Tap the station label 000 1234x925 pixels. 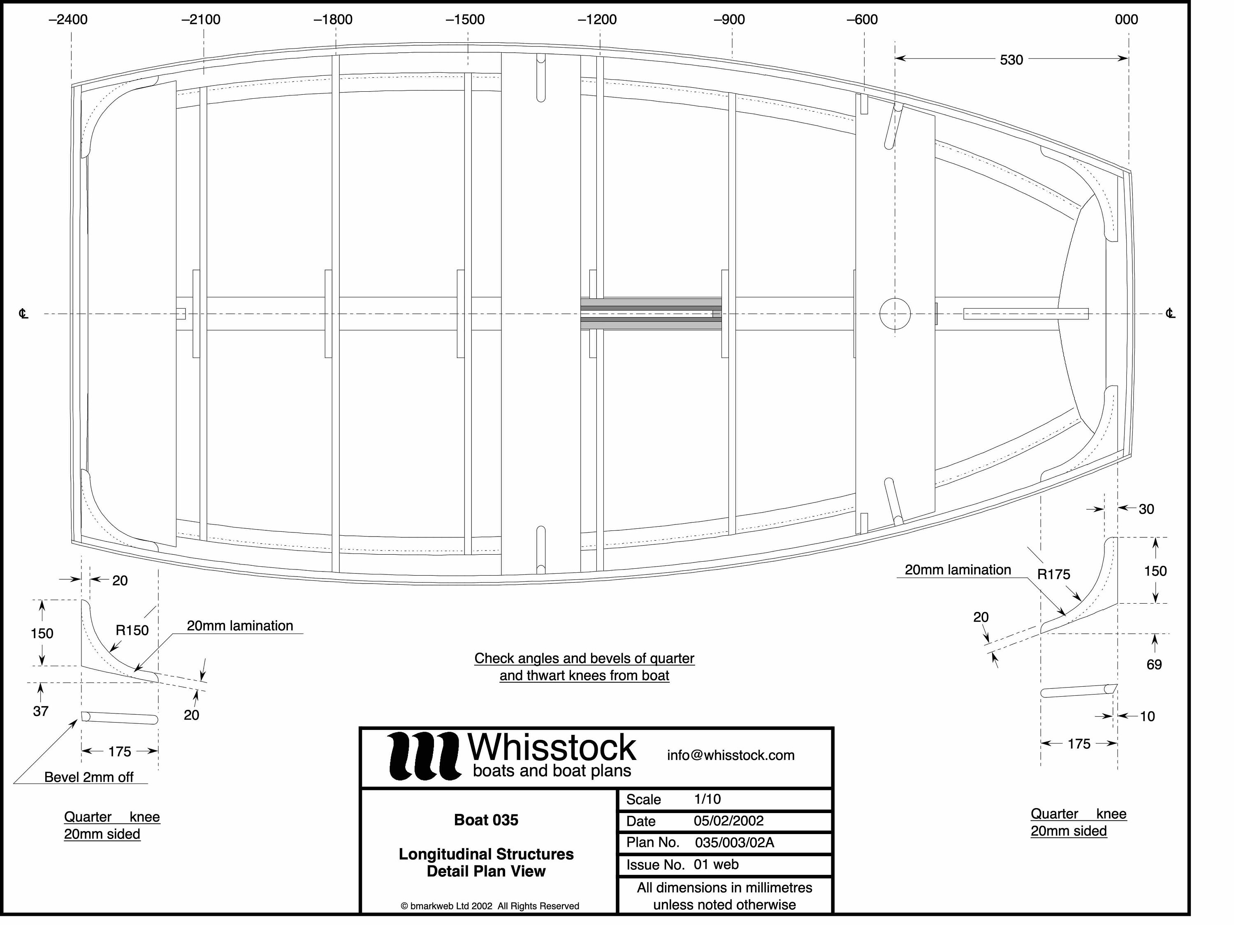point(1126,19)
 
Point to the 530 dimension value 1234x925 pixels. point(1011,60)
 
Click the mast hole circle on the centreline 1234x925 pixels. point(895,314)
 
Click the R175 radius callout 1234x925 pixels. point(1053,574)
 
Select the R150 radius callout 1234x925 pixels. point(132,630)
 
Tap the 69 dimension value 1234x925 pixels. point(1154,665)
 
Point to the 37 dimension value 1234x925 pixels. point(41,711)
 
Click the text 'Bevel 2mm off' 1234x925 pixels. point(89,777)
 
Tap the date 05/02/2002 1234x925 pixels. point(728,820)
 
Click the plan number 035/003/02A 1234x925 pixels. point(734,842)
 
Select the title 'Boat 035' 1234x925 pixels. point(486,820)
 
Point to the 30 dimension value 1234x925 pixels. point(1146,509)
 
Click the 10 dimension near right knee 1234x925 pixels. point(1147,716)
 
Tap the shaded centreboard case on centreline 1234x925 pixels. point(650,314)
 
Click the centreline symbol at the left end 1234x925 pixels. point(23,314)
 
